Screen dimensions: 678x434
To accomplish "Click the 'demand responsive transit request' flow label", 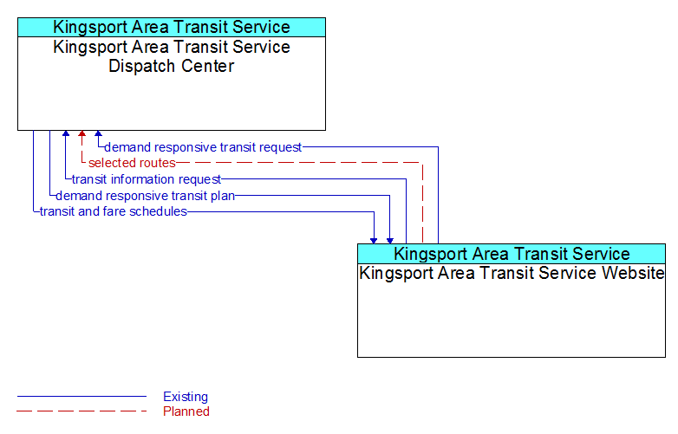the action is [x=203, y=147].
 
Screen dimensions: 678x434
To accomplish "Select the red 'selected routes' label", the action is [x=132, y=163].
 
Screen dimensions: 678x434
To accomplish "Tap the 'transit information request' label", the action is [x=147, y=179].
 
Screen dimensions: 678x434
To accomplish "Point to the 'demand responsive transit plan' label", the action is [x=146, y=196].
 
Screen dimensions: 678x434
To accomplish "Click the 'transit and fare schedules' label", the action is [x=114, y=211].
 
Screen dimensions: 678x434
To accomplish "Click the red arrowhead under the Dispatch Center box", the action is [x=81, y=133].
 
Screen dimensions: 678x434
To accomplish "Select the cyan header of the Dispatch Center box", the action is [x=172, y=27].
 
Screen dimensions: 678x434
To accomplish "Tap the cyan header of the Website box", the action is [x=512, y=254].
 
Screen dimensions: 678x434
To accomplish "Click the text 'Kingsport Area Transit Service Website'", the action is [x=512, y=273].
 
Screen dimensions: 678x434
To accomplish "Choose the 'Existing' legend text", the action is [x=186, y=397].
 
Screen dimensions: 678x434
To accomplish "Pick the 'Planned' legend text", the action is [x=186, y=411].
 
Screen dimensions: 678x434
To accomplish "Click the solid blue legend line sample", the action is [x=81, y=396].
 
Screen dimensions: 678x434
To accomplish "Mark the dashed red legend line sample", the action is [x=81, y=411].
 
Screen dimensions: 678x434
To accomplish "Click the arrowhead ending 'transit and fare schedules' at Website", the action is [x=374, y=241].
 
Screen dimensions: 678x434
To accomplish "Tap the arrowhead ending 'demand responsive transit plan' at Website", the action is [x=390, y=241].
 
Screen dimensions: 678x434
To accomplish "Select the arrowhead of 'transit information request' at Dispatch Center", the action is [x=66, y=133].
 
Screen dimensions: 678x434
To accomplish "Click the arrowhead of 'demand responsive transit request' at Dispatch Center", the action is [x=98, y=133].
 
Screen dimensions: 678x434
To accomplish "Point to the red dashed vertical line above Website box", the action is [x=423, y=204].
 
